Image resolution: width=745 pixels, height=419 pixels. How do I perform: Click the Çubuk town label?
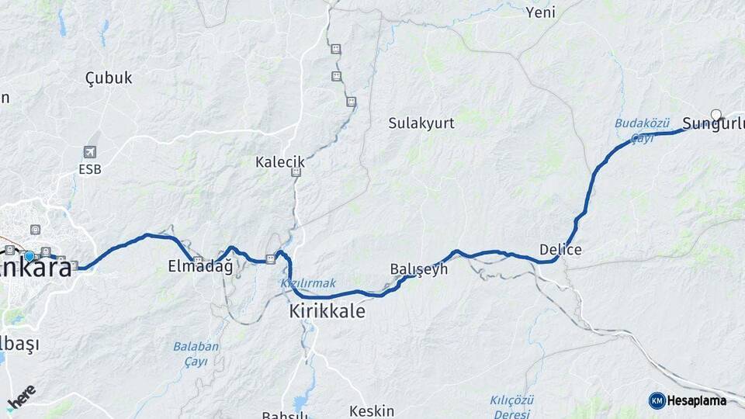109,78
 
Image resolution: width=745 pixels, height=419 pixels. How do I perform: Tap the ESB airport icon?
91,152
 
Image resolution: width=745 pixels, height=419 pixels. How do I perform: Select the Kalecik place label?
280,162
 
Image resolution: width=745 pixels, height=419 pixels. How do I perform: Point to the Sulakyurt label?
421,123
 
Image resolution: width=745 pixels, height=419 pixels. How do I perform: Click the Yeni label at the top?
540,12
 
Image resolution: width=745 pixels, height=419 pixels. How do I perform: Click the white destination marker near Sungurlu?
716,115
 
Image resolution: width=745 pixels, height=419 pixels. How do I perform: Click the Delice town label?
560,250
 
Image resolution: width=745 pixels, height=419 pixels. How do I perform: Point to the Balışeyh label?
418,269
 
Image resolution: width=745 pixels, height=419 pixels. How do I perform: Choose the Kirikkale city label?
327,311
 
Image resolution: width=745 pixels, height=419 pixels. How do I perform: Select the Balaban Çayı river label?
196,354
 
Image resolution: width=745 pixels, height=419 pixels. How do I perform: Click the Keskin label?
372,411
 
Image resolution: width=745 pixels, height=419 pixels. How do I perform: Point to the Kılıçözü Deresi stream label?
513,406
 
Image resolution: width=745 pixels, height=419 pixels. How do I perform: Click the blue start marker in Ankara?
29,256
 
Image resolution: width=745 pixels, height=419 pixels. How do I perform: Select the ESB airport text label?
90,168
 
